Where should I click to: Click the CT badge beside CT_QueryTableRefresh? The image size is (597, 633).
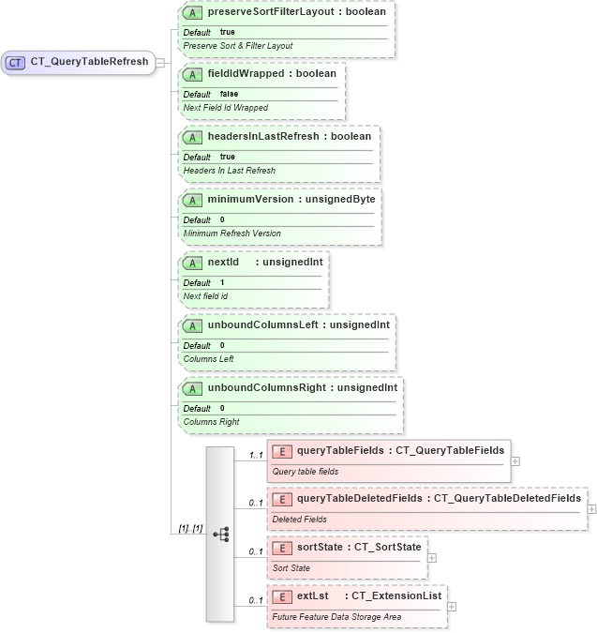coord(15,63)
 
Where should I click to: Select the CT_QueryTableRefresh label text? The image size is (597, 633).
coord(89,63)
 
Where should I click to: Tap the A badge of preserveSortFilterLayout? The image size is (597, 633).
coord(192,13)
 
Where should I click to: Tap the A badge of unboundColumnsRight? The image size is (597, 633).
coord(192,387)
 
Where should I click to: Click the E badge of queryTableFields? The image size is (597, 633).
coord(281,451)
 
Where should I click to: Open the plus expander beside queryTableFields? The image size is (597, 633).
coord(515,461)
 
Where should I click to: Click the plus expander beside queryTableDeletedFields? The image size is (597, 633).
coord(591,508)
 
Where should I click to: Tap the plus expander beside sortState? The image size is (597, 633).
coord(431,557)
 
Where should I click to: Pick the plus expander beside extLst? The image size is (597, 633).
coord(452,606)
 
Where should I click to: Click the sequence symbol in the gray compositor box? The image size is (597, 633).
coord(221,534)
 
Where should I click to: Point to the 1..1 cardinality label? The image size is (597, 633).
coord(255,456)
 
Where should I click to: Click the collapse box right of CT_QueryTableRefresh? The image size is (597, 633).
coord(160,63)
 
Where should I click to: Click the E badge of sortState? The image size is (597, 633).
coord(281,547)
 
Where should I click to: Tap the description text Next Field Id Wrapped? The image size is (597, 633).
coord(225,108)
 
